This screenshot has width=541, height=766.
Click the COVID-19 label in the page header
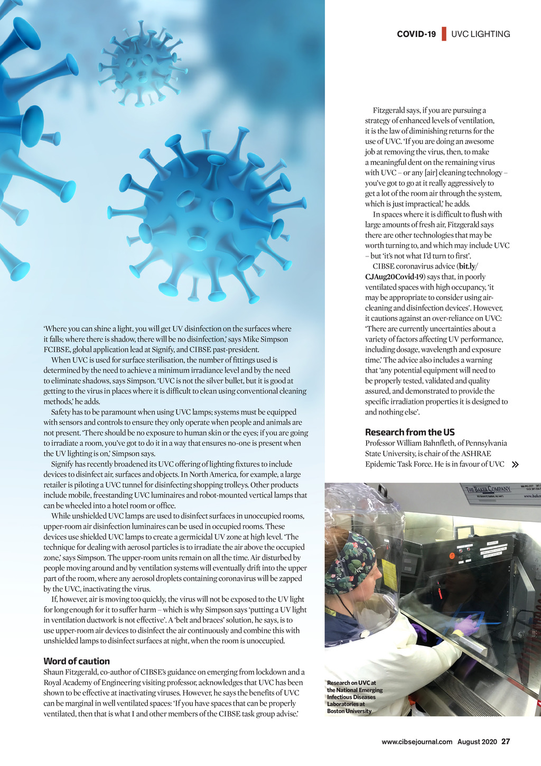pos(416,34)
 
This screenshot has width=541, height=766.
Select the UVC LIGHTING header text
pos(480,34)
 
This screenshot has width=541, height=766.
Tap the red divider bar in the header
pos(444,34)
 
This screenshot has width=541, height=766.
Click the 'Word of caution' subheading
pos(77,661)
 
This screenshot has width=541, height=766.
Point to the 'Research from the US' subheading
pos(409,432)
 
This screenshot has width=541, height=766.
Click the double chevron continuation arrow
pos(515,465)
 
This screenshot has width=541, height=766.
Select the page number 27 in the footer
pos(506,742)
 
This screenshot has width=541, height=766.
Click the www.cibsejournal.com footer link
pos(417,742)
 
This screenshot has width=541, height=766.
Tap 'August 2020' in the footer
pos(477,742)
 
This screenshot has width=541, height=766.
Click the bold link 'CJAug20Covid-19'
pos(394,277)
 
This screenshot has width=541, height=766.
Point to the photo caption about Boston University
pos(354,697)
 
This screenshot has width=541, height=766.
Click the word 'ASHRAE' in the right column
pos(477,454)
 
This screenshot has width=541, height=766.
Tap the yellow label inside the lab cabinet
pos(389,571)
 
